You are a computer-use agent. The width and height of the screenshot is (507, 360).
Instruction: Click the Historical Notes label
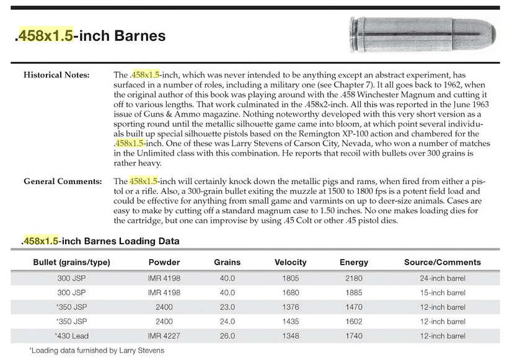56,75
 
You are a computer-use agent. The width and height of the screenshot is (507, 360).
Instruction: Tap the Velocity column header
290,263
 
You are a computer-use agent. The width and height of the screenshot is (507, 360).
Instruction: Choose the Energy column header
354,263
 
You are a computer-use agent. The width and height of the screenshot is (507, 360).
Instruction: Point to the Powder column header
164,263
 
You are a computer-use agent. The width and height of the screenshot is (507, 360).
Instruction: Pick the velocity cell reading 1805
290,279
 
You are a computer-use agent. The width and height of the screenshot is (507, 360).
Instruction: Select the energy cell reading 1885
354,293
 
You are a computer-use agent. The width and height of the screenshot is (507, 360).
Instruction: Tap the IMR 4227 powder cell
164,336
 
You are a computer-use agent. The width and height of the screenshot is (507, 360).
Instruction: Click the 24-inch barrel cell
442,279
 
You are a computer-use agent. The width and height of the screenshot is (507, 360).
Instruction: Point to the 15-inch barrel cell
442,293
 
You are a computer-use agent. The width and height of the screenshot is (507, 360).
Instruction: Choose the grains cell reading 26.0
227,336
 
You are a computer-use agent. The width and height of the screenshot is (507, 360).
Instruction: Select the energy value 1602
354,322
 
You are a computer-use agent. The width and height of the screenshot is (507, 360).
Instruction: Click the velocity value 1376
290,307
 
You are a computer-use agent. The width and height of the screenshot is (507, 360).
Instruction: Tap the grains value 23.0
227,307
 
